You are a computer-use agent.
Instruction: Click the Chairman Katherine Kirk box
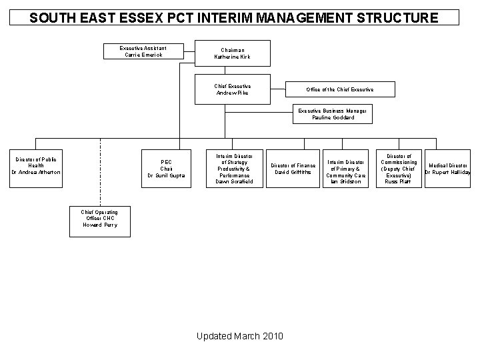[233, 54]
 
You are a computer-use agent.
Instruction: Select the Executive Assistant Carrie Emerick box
[143, 51]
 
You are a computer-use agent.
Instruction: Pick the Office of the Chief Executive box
[340, 89]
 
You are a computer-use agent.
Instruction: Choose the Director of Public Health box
[36, 167]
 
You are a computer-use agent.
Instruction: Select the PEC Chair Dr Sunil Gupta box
[166, 168]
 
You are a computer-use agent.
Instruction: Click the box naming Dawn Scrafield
[234, 168]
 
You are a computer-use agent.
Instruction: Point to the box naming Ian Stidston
[345, 171]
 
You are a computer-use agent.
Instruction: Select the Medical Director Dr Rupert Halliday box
[447, 168]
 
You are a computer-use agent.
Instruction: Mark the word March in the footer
[246, 335]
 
